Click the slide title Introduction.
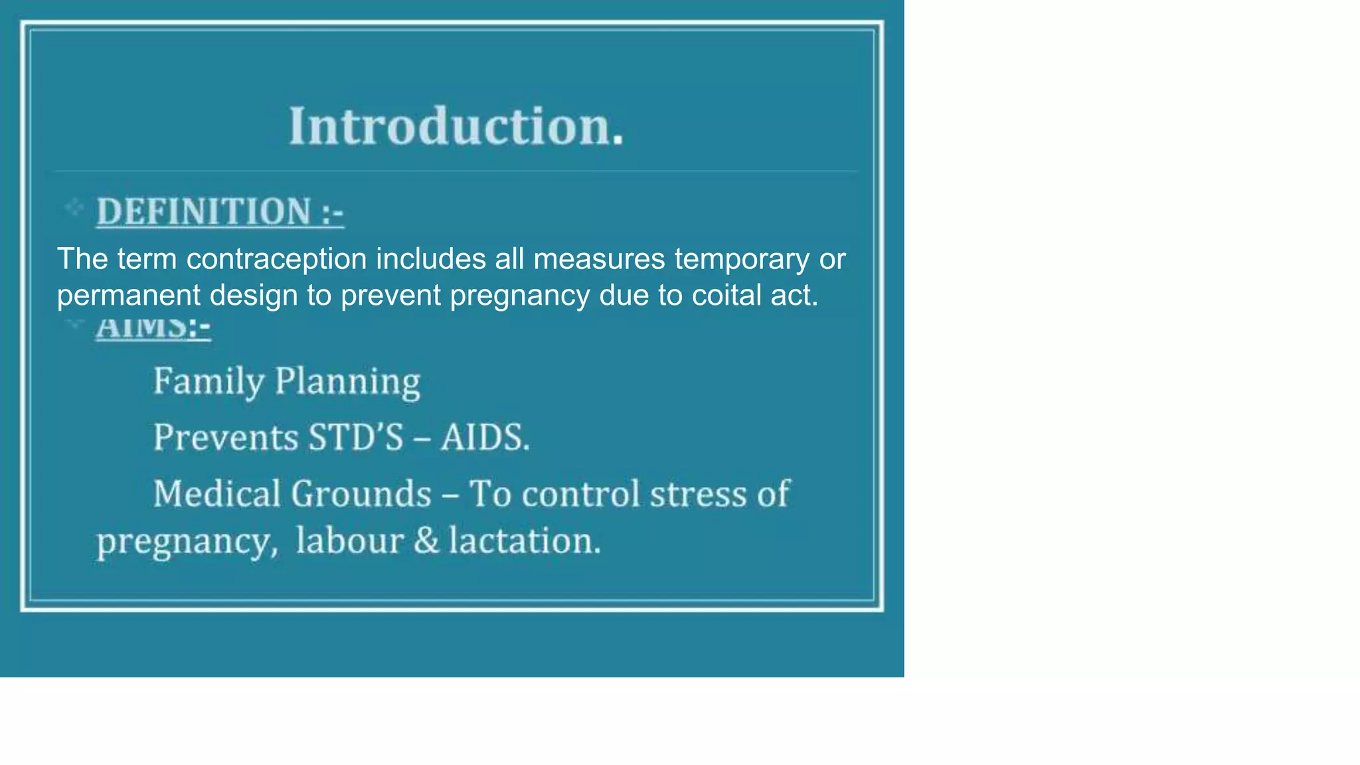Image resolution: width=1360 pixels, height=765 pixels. point(457,126)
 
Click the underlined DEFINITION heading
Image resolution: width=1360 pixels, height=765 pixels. point(220,212)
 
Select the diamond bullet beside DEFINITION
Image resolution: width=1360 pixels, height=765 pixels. point(74,208)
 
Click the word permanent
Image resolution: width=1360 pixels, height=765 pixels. point(128,296)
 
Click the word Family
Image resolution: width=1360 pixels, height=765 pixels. point(209,382)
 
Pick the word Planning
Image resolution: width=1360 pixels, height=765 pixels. point(347,382)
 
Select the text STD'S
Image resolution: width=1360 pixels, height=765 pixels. point(356,438)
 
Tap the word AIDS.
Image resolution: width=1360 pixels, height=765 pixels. point(485,438)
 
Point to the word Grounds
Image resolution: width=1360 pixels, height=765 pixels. point(361,494)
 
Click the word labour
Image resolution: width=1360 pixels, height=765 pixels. point(349,541)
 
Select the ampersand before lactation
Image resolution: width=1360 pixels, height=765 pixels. point(426,541)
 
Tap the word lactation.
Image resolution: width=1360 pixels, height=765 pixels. point(525,541)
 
